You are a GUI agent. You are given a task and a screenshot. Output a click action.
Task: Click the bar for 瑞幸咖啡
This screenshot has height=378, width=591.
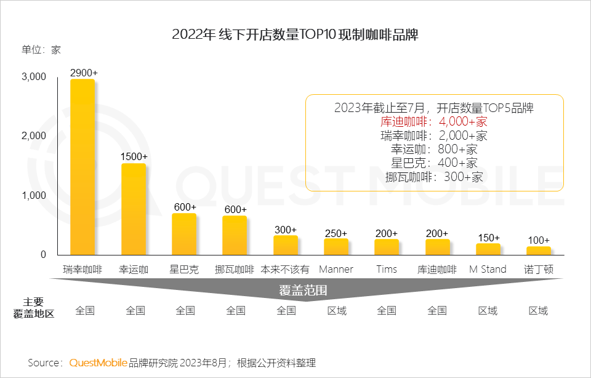tap(82, 166)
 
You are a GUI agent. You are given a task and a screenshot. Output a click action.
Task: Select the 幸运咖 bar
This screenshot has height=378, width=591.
tap(134, 209)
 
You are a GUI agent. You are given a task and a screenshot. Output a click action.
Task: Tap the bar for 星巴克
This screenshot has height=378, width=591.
tap(184, 234)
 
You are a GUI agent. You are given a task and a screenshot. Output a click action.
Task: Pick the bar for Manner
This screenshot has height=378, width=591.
tap(336, 246)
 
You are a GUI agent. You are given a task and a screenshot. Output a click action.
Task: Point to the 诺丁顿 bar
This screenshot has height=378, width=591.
tap(539, 251)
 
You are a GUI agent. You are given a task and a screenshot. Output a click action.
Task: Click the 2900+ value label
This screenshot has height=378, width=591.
tap(84, 73)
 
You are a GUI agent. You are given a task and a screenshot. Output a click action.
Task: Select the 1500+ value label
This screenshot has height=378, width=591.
tap(134, 157)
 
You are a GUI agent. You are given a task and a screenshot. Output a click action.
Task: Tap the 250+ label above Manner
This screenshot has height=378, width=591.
tap(336, 233)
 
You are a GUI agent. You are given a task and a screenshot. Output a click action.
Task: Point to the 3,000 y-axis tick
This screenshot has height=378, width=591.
tap(34, 78)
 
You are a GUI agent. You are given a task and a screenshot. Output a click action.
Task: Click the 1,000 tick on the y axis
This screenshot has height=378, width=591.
tap(34, 195)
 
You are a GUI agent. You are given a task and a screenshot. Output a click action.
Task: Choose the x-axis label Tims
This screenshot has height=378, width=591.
tap(387, 269)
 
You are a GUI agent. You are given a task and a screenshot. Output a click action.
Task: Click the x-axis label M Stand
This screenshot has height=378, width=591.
tap(488, 269)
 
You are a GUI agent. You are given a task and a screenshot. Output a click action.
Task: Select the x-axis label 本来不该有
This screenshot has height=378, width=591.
tap(285, 269)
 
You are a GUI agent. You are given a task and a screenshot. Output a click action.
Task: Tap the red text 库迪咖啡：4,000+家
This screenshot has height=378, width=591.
tap(434, 121)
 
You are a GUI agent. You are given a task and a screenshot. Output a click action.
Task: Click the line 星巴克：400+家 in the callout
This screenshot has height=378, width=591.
tap(434, 163)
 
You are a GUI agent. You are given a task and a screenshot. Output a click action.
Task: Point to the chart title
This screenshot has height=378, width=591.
tap(295, 34)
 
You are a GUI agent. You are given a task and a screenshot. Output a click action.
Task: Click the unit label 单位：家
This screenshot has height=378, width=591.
tap(41, 50)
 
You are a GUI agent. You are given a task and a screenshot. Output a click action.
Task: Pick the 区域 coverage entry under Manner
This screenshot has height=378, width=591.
tap(336, 310)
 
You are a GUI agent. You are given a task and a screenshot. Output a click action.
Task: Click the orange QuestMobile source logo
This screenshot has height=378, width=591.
tap(98, 363)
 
